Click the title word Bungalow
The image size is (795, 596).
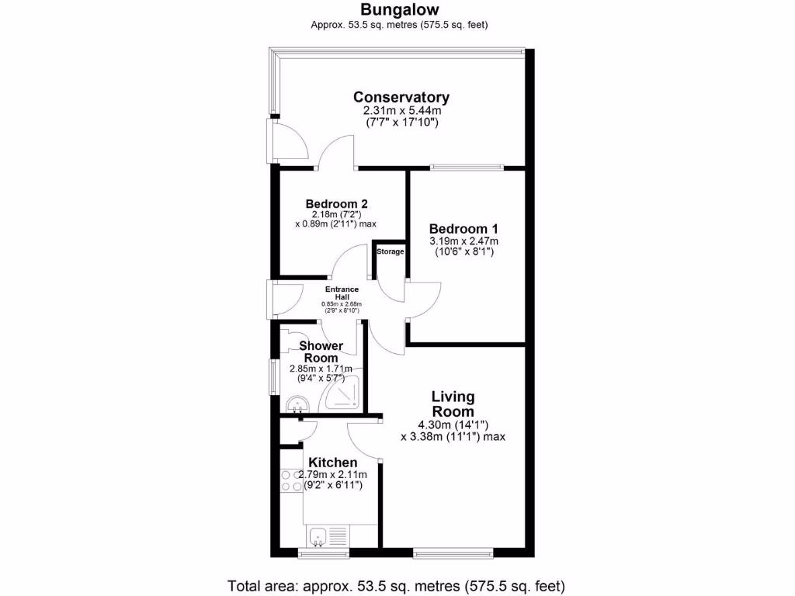click(400, 10)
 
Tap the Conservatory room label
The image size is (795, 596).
click(401, 97)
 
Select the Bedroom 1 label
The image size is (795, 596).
click(463, 229)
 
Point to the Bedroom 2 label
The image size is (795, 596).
click(336, 203)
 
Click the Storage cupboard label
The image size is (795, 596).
click(391, 251)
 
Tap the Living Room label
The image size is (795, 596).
click(453, 404)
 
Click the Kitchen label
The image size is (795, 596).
click(333, 463)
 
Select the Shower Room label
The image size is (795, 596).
click(321, 352)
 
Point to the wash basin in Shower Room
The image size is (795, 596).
click(297, 403)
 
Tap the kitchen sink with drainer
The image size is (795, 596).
click(329, 535)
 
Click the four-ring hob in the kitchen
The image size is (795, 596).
click(290, 480)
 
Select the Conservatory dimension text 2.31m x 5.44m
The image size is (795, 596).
click(401, 112)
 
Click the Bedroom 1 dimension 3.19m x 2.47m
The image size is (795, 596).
click(463, 241)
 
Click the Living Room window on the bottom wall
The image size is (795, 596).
click(453, 553)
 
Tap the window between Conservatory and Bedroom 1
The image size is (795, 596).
click(467, 166)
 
